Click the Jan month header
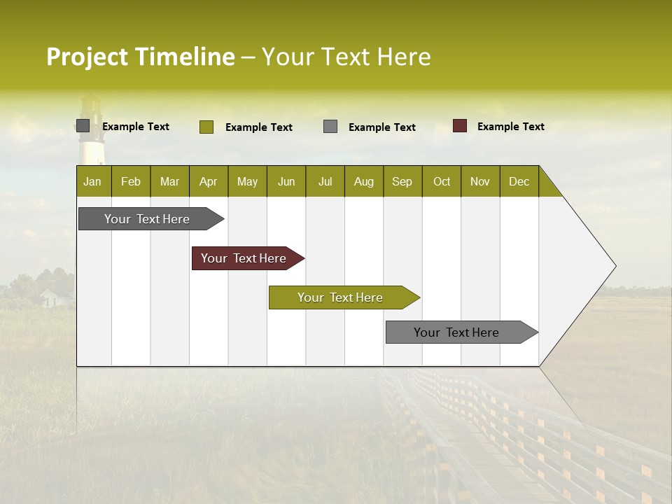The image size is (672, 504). [x=92, y=181]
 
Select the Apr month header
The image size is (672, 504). [x=208, y=181]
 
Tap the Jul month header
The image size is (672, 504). [x=325, y=181]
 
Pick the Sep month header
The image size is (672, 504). [x=402, y=181]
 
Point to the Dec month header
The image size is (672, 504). [x=519, y=181]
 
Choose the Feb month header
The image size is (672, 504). [x=131, y=181]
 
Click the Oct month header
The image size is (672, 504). [x=442, y=181]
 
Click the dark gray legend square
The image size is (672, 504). [x=83, y=126]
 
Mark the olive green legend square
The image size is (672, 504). [x=206, y=127]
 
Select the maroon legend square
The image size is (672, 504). [x=460, y=126]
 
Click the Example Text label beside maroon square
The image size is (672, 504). [x=510, y=127]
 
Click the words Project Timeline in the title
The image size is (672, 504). [x=140, y=57]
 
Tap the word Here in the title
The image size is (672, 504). [x=404, y=57]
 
